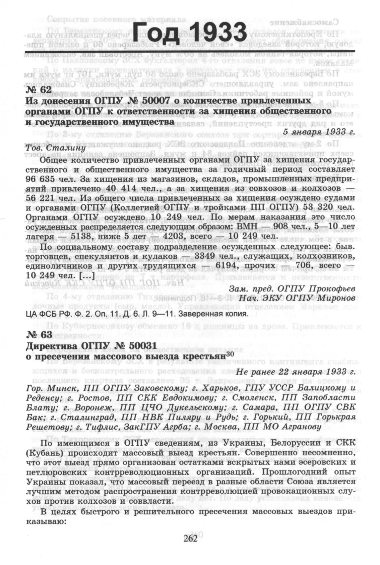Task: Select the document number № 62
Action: pyautogui.click(x=38, y=90)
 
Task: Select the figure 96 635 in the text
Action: pyautogui.click(x=45, y=179)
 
